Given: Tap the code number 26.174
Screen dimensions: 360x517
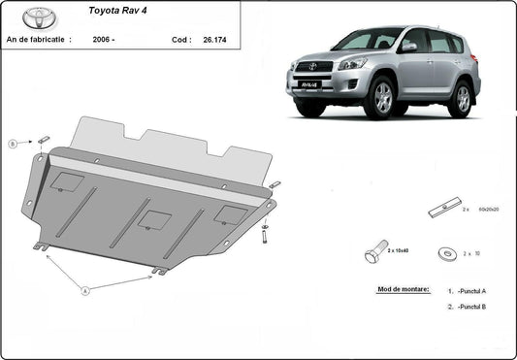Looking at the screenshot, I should [x=214, y=40].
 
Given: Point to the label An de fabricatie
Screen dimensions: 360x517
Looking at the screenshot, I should [x=39, y=40].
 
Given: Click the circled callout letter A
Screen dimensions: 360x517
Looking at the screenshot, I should [x=86, y=289].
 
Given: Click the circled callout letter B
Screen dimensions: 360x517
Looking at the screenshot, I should [x=14, y=144].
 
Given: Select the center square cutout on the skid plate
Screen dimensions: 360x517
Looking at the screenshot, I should [x=151, y=218].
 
